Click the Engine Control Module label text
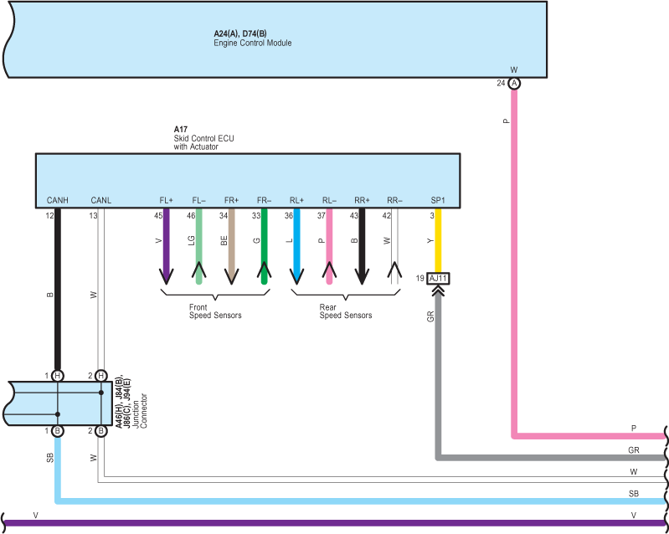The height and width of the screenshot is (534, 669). pyautogui.click(x=253, y=43)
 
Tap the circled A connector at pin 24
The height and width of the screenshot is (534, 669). pyautogui.click(x=515, y=83)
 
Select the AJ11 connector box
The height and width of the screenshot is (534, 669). pyautogui.click(x=438, y=279)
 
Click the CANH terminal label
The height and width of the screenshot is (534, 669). pyautogui.click(x=58, y=200)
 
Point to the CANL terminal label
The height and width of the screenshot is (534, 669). pyautogui.click(x=101, y=200)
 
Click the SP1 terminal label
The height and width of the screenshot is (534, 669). pyautogui.click(x=438, y=200)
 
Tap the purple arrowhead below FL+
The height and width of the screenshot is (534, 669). pyautogui.click(x=166, y=276)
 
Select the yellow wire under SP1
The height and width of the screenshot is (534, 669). pyautogui.click(x=438, y=240)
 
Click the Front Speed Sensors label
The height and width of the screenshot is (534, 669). pyautogui.click(x=215, y=311)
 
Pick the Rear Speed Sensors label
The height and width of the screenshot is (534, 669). pyautogui.click(x=346, y=311)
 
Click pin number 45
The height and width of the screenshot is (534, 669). pyautogui.click(x=158, y=216)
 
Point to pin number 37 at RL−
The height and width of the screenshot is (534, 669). pyautogui.click(x=322, y=216)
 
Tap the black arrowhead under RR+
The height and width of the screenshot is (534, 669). pyautogui.click(x=362, y=276)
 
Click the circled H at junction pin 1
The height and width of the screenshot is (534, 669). pyautogui.click(x=58, y=376)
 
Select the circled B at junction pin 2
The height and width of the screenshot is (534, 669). pyautogui.click(x=100, y=431)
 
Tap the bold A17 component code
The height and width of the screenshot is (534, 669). pyautogui.click(x=181, y=129)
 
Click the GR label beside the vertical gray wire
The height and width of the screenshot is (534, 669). pyautogui.click(x=430, y=316)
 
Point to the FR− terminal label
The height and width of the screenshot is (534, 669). pyautogui.click(x=264, y=200)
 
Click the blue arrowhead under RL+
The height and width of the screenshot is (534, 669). pyautogui.click(x=296, y=276)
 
